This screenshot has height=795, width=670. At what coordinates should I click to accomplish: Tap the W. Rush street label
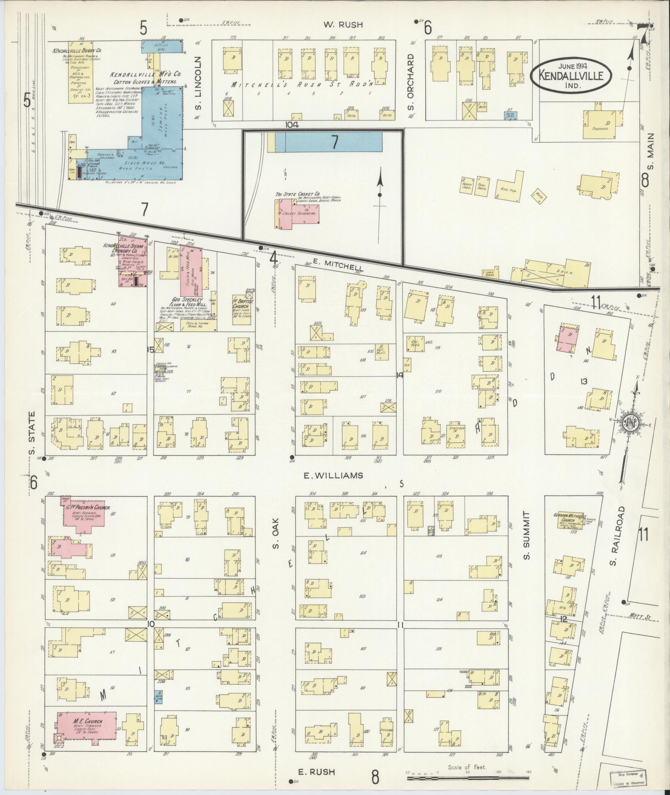tap(343, 25)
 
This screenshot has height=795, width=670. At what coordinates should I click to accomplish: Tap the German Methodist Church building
tap(569, 522)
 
